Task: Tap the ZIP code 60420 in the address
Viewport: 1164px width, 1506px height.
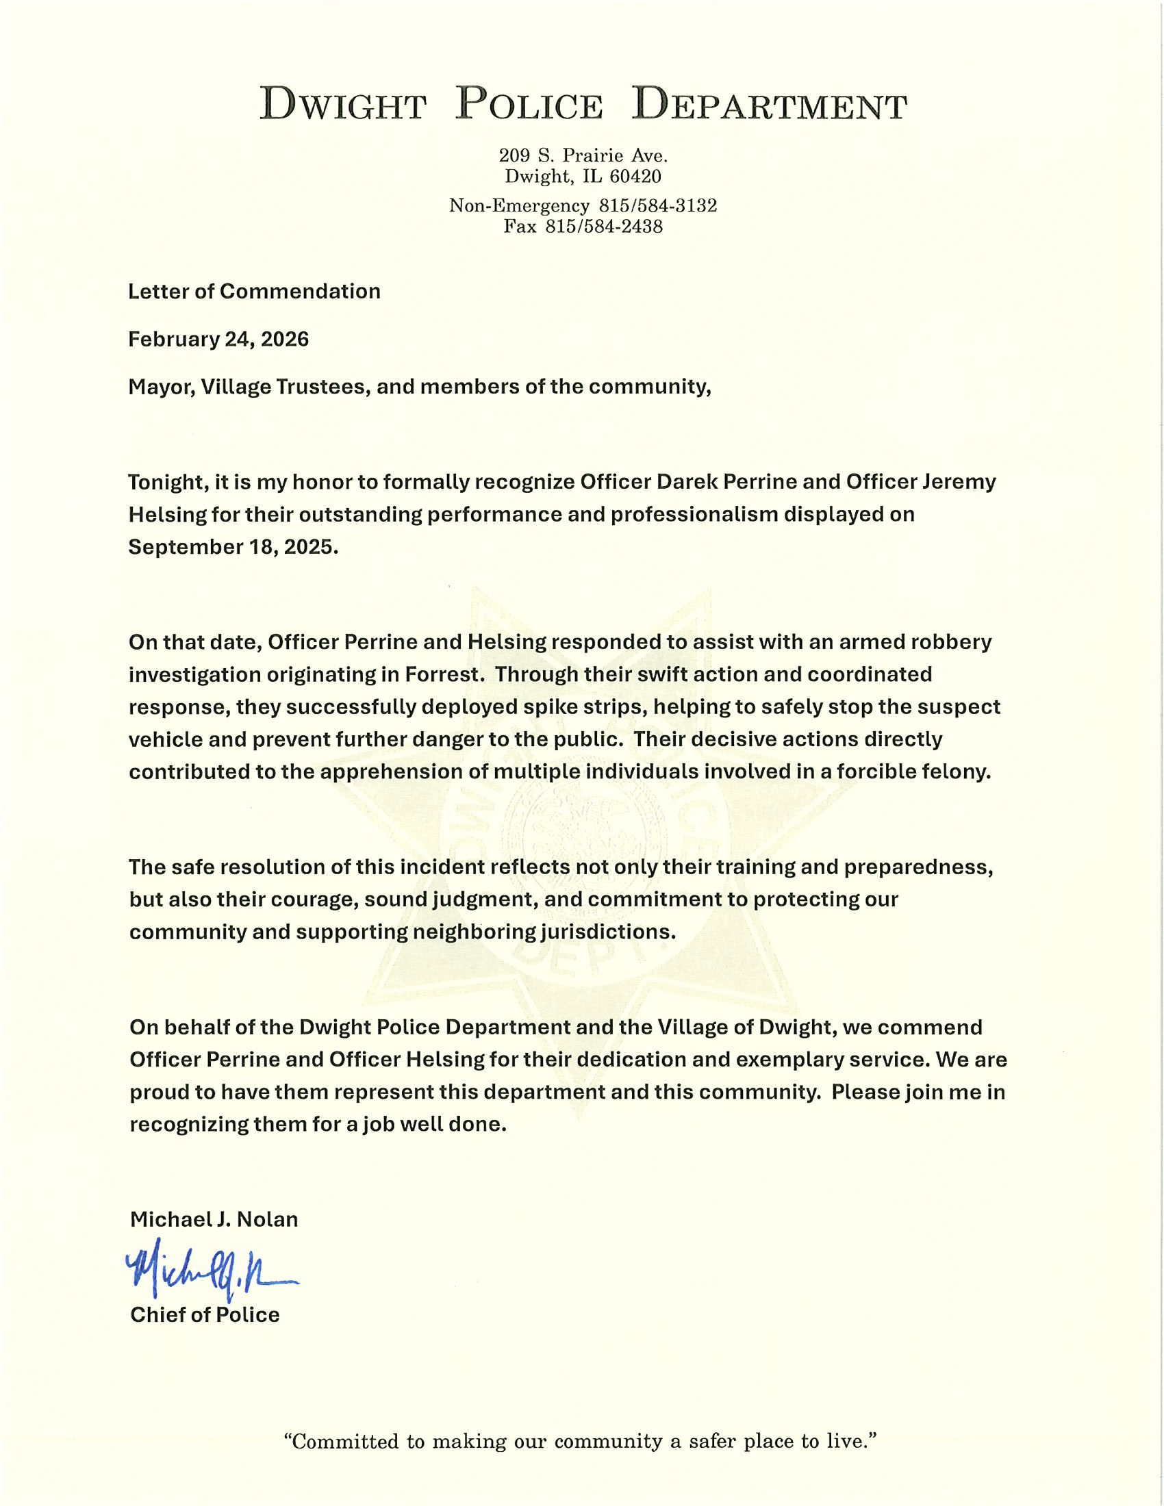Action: point(635,177)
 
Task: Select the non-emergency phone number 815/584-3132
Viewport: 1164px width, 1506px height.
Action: point(658,205)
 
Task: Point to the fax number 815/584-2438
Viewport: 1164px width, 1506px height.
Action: point(604,226)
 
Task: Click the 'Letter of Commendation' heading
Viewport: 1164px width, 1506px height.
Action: point(255,291)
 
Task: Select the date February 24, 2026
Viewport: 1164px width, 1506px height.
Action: point(218,340)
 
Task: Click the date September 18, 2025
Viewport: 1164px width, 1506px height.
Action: point(233,547)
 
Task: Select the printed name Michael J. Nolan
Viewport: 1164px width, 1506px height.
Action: point(214,1219)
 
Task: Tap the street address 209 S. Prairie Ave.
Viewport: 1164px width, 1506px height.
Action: point(583,155)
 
